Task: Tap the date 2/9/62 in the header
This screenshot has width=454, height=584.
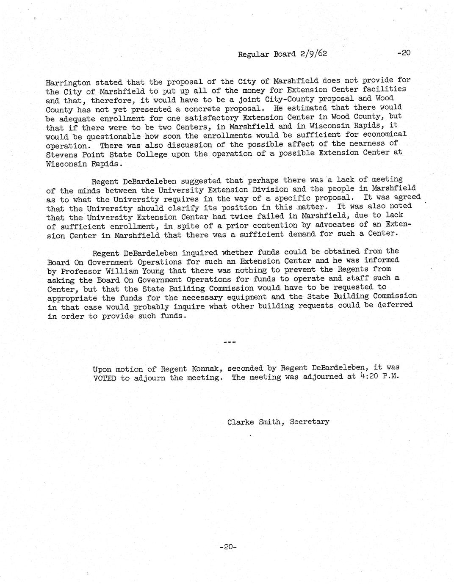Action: (x=313, y=54)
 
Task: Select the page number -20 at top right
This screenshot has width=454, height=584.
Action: (x=404, y=53)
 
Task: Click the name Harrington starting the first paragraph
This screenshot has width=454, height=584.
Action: (x=68, y=83)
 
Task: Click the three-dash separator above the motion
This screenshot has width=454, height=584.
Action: (x=229, y=341)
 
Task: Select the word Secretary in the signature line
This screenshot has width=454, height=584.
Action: (x=309, y=421)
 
